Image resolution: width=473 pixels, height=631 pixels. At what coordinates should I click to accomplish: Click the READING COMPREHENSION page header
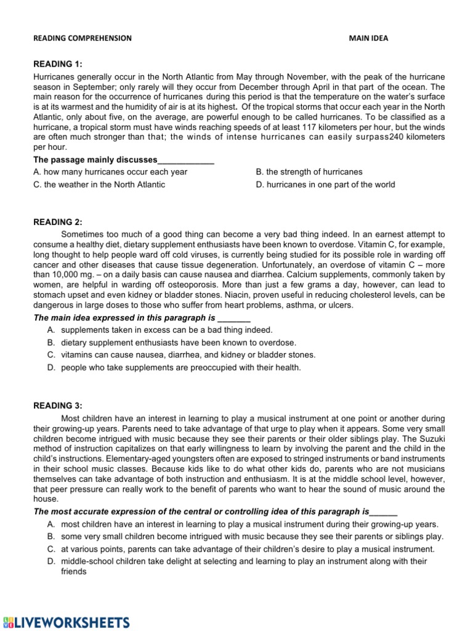(82, 38)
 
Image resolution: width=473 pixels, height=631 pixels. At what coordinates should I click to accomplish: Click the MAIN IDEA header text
(369, 38)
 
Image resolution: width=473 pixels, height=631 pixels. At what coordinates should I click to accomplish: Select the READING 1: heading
(57, 64)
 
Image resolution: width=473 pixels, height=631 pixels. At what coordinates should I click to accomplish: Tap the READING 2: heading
(57, 222)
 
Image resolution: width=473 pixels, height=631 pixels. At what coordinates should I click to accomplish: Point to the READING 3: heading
(57, 405)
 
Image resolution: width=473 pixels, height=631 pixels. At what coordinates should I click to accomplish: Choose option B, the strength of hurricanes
(309, 172)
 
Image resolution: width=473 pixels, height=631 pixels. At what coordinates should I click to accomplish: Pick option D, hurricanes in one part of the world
(325, 184)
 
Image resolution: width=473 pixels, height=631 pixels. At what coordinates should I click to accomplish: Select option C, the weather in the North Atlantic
(99, 184)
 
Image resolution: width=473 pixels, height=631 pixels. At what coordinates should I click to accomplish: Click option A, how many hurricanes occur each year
(110, 172)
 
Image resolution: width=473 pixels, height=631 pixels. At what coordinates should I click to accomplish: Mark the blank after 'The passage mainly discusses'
(186, 160)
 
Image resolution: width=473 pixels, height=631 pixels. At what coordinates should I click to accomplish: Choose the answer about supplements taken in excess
(166, 330)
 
